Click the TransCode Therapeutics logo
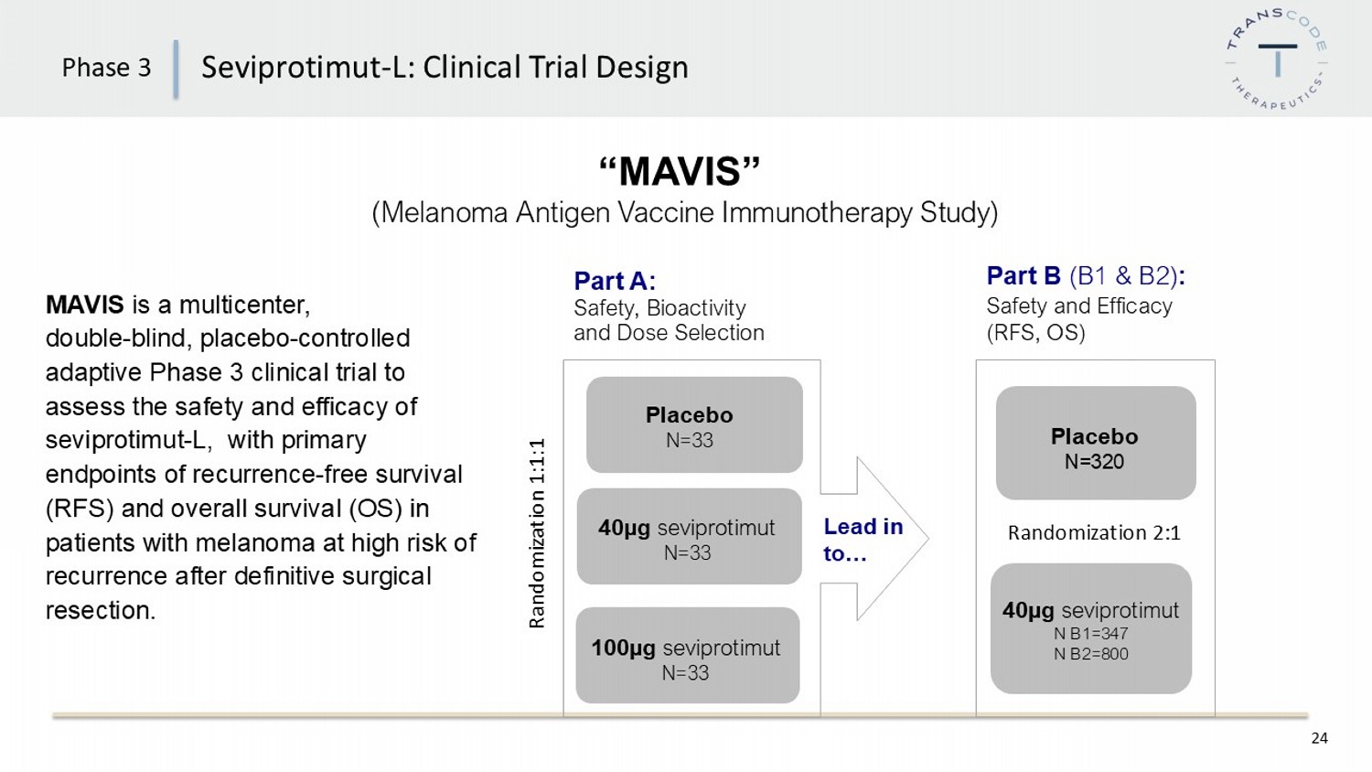(x=1277, y=59)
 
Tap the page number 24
(x=1319, y=738)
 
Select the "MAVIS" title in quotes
(x=681, y=171)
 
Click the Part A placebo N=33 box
(x=693, y=425)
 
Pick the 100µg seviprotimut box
(x=687, y=656)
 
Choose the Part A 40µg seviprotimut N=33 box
(x=689, y=537)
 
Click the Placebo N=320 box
(x=1095, y=444)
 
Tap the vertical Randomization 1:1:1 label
(x=537, y=533)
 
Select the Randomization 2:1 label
(x=1094, y=532)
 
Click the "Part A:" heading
(x=615, y=281)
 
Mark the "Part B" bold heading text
(x=1024, y=275)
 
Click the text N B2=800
(x=1090, y=654)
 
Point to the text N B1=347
(x=1090, y=633)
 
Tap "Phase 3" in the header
(x=106, y=68)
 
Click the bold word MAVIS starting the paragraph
(x=85, y=305)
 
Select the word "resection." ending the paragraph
(x=101, y=610)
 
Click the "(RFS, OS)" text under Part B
(x=1035, y=332)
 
